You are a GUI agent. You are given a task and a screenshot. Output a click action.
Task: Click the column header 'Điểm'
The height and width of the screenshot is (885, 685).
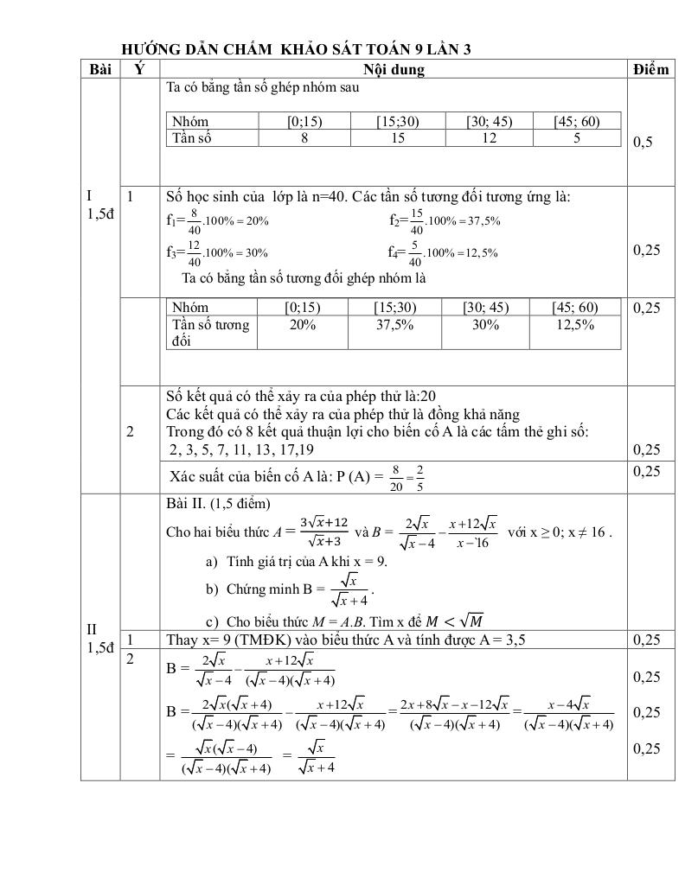pyautogui.click(x=650, y=69)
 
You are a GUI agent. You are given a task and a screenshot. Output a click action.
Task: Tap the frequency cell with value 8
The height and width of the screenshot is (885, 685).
pyautogui.click(x=304, y=137)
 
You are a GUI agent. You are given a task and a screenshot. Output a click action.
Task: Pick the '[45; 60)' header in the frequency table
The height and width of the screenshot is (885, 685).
pyautogui.click(x=577, y=122)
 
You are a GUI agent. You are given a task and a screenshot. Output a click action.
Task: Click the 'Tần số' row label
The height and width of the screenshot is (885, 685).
pyautogui.click(x=191, y=137)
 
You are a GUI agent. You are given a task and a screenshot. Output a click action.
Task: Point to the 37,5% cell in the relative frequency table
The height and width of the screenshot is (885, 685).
pyautogui.click(x=394, y=324)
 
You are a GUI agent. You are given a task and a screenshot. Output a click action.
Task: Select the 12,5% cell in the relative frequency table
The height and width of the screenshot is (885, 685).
pyautogui.click(x=575, y=324)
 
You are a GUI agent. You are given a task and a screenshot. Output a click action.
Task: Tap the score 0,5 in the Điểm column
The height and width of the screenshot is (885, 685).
pyautogui.click(x=643, y=143)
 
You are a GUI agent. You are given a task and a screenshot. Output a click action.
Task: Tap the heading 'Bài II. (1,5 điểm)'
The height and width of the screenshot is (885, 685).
pyautogui.click(x=218, y=503)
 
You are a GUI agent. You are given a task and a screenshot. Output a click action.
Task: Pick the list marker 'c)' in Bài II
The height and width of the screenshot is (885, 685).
pyautogui.click(x=211, y=621)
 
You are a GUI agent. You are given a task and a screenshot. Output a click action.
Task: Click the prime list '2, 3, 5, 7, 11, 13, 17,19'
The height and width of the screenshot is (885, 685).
pyautogui.click(x=241, y=449)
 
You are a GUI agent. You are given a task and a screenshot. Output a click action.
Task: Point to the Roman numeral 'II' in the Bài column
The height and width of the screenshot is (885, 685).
pyautogui.click(x=92, y=628)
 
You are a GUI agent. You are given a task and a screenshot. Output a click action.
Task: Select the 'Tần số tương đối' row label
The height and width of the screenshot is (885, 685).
pyautogui.click(x=210, y=332)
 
